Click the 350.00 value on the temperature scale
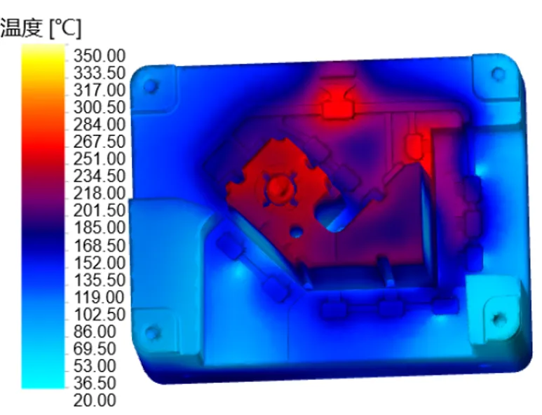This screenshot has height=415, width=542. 99,55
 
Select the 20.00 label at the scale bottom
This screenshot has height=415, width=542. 95,400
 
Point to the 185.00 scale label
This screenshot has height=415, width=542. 100,228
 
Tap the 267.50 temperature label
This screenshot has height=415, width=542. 100,142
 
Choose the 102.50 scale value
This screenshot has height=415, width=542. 100,314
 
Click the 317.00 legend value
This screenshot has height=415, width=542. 100,90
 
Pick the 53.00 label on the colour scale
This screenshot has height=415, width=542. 95,366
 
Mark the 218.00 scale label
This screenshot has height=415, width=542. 100,193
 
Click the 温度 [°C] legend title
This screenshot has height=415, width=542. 41,28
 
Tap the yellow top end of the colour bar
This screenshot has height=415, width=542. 43,52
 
